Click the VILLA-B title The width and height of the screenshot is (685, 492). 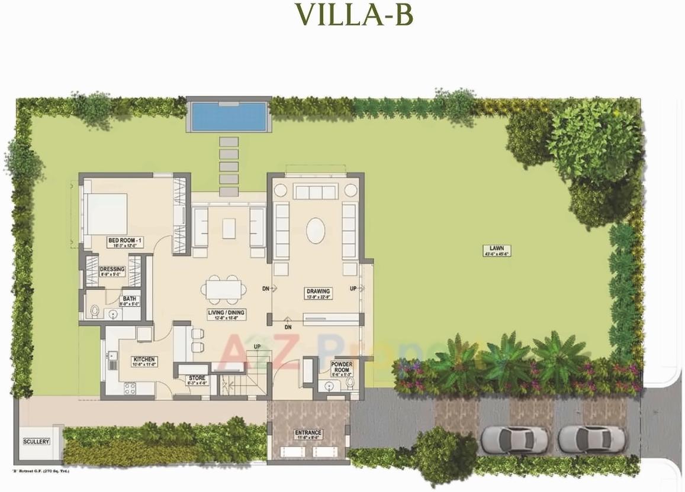pyautogui.click(x=353, y=15)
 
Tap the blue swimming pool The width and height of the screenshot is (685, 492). pyautogui.click(x=229, y=116)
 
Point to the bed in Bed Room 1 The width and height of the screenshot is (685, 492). pyautogui.click(x=107, y=213)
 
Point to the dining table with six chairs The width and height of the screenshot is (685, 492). pyautogui.click(x=223, y=290)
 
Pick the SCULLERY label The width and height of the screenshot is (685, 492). pyautogui.click(x=36, y=442)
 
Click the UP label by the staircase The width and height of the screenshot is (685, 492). pyautogui.click(x=257, y=347)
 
